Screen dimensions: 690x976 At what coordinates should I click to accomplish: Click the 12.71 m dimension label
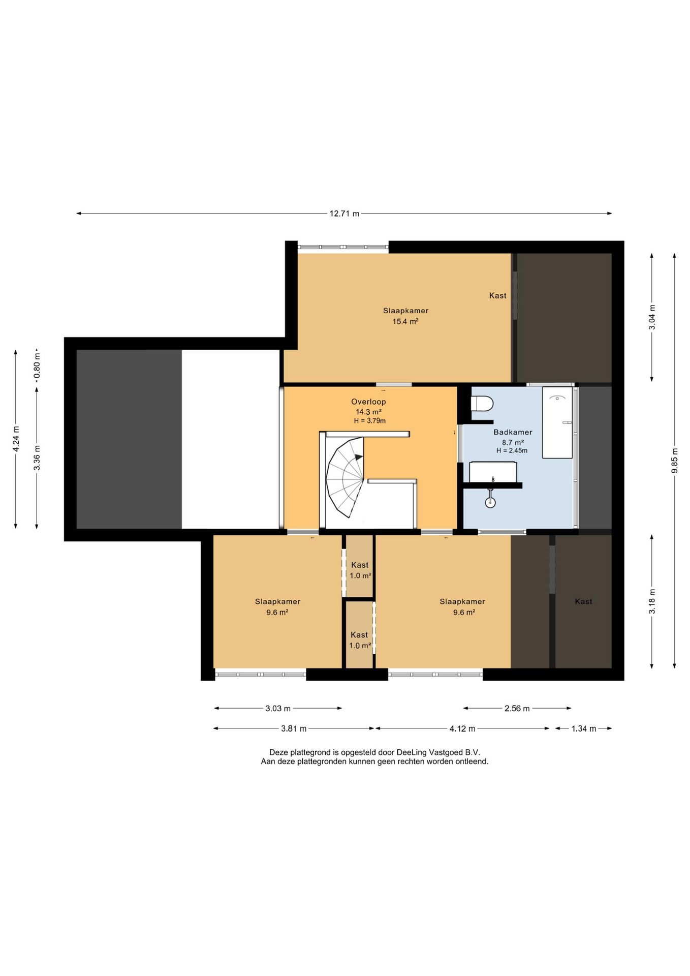[344, 213]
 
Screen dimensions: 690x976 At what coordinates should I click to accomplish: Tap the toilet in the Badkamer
[482, 404]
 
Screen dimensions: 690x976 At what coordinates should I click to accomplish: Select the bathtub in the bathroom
[557, 422]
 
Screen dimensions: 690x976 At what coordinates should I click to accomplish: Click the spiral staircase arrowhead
[359, 457]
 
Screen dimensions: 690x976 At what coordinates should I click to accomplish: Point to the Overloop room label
[368, 402]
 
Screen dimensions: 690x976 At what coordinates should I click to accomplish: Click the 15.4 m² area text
[405, 321]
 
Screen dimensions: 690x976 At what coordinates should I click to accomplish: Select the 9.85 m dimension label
[675, 461]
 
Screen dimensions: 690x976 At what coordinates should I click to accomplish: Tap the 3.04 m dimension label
[652, 317]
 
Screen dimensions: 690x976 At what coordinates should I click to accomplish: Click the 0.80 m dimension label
[37, 368]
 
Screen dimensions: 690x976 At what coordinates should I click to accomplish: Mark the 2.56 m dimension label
[517, 708]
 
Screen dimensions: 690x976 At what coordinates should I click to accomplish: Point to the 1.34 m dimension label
[584, 728]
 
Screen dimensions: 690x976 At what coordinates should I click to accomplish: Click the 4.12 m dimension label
[462, 728]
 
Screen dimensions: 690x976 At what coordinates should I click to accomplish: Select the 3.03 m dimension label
[278, 708]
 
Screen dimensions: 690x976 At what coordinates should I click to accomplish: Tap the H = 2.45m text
[512, 450]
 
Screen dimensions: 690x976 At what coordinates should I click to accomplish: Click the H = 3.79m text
[370, 421]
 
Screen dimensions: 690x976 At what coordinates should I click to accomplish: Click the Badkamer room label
[513, 432]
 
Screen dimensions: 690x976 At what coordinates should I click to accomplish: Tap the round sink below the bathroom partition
[490, 502]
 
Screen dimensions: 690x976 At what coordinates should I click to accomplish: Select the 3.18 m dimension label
[652, 601]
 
